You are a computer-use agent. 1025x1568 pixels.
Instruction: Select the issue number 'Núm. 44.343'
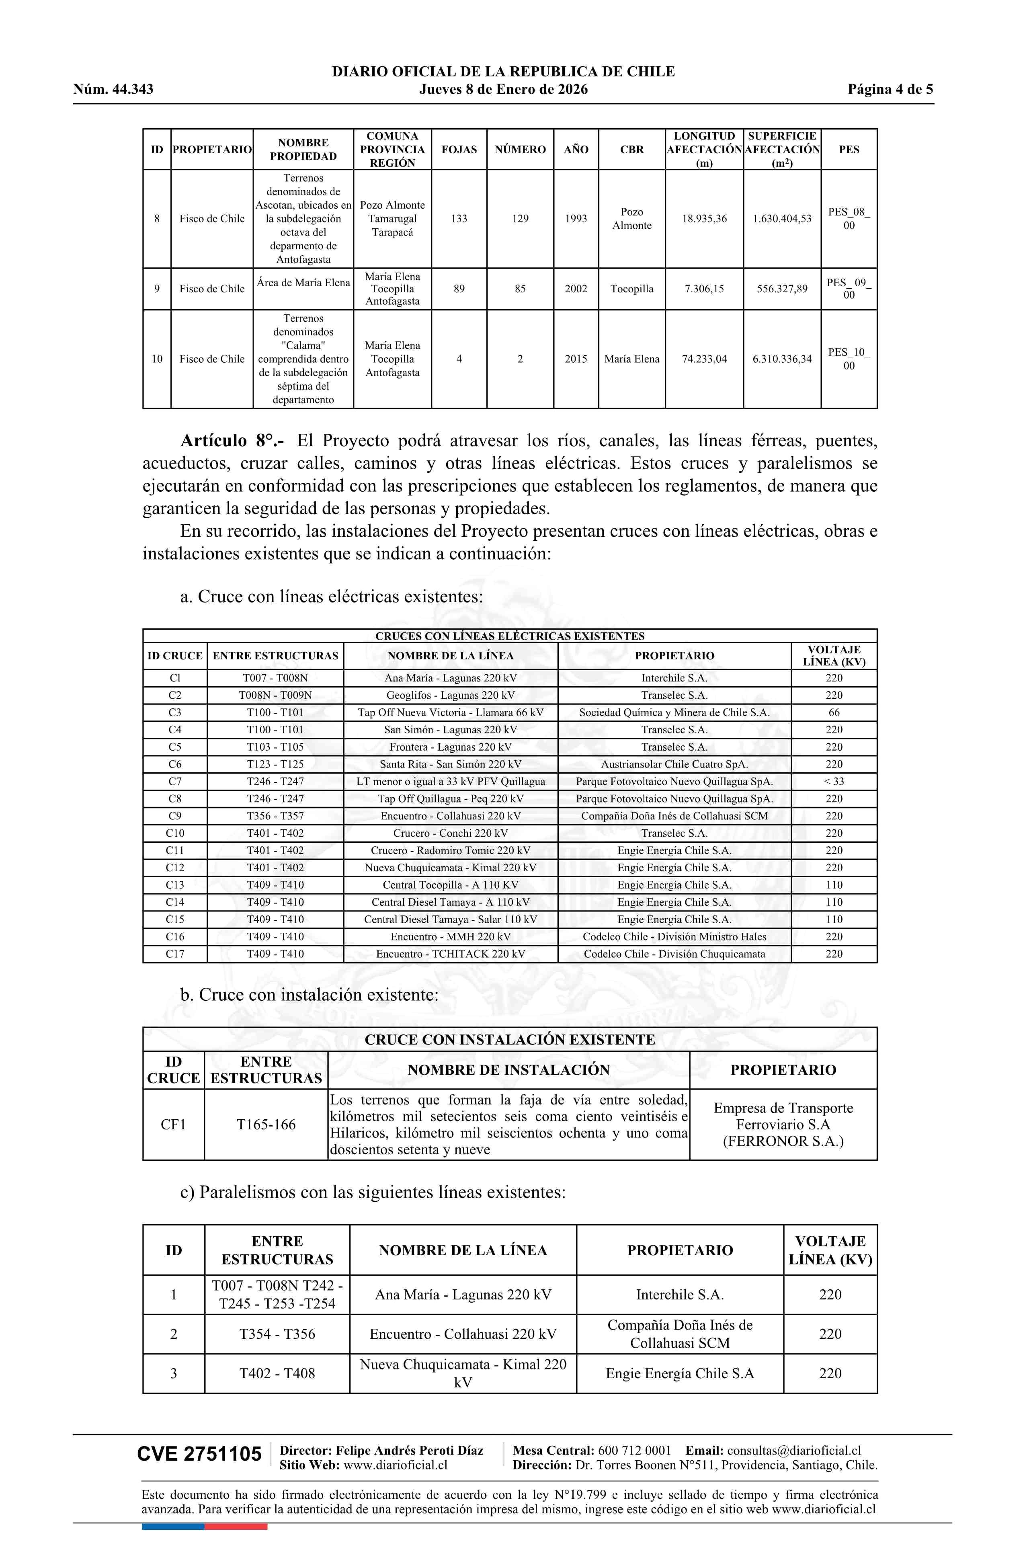(113, 90)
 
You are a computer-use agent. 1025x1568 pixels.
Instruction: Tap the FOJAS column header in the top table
(459, 150)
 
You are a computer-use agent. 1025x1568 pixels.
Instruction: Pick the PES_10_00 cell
(849, 359)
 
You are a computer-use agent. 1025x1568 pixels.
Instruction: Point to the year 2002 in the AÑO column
(575, 289)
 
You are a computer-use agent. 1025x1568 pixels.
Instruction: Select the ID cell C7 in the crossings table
(174, 781)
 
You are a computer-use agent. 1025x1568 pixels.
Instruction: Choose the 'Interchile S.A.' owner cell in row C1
(674, 678)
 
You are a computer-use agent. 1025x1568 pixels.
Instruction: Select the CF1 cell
(173, 1125)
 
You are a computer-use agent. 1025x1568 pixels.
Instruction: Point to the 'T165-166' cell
(266, 1125)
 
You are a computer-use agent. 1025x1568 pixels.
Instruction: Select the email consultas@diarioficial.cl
(794, 1451)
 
